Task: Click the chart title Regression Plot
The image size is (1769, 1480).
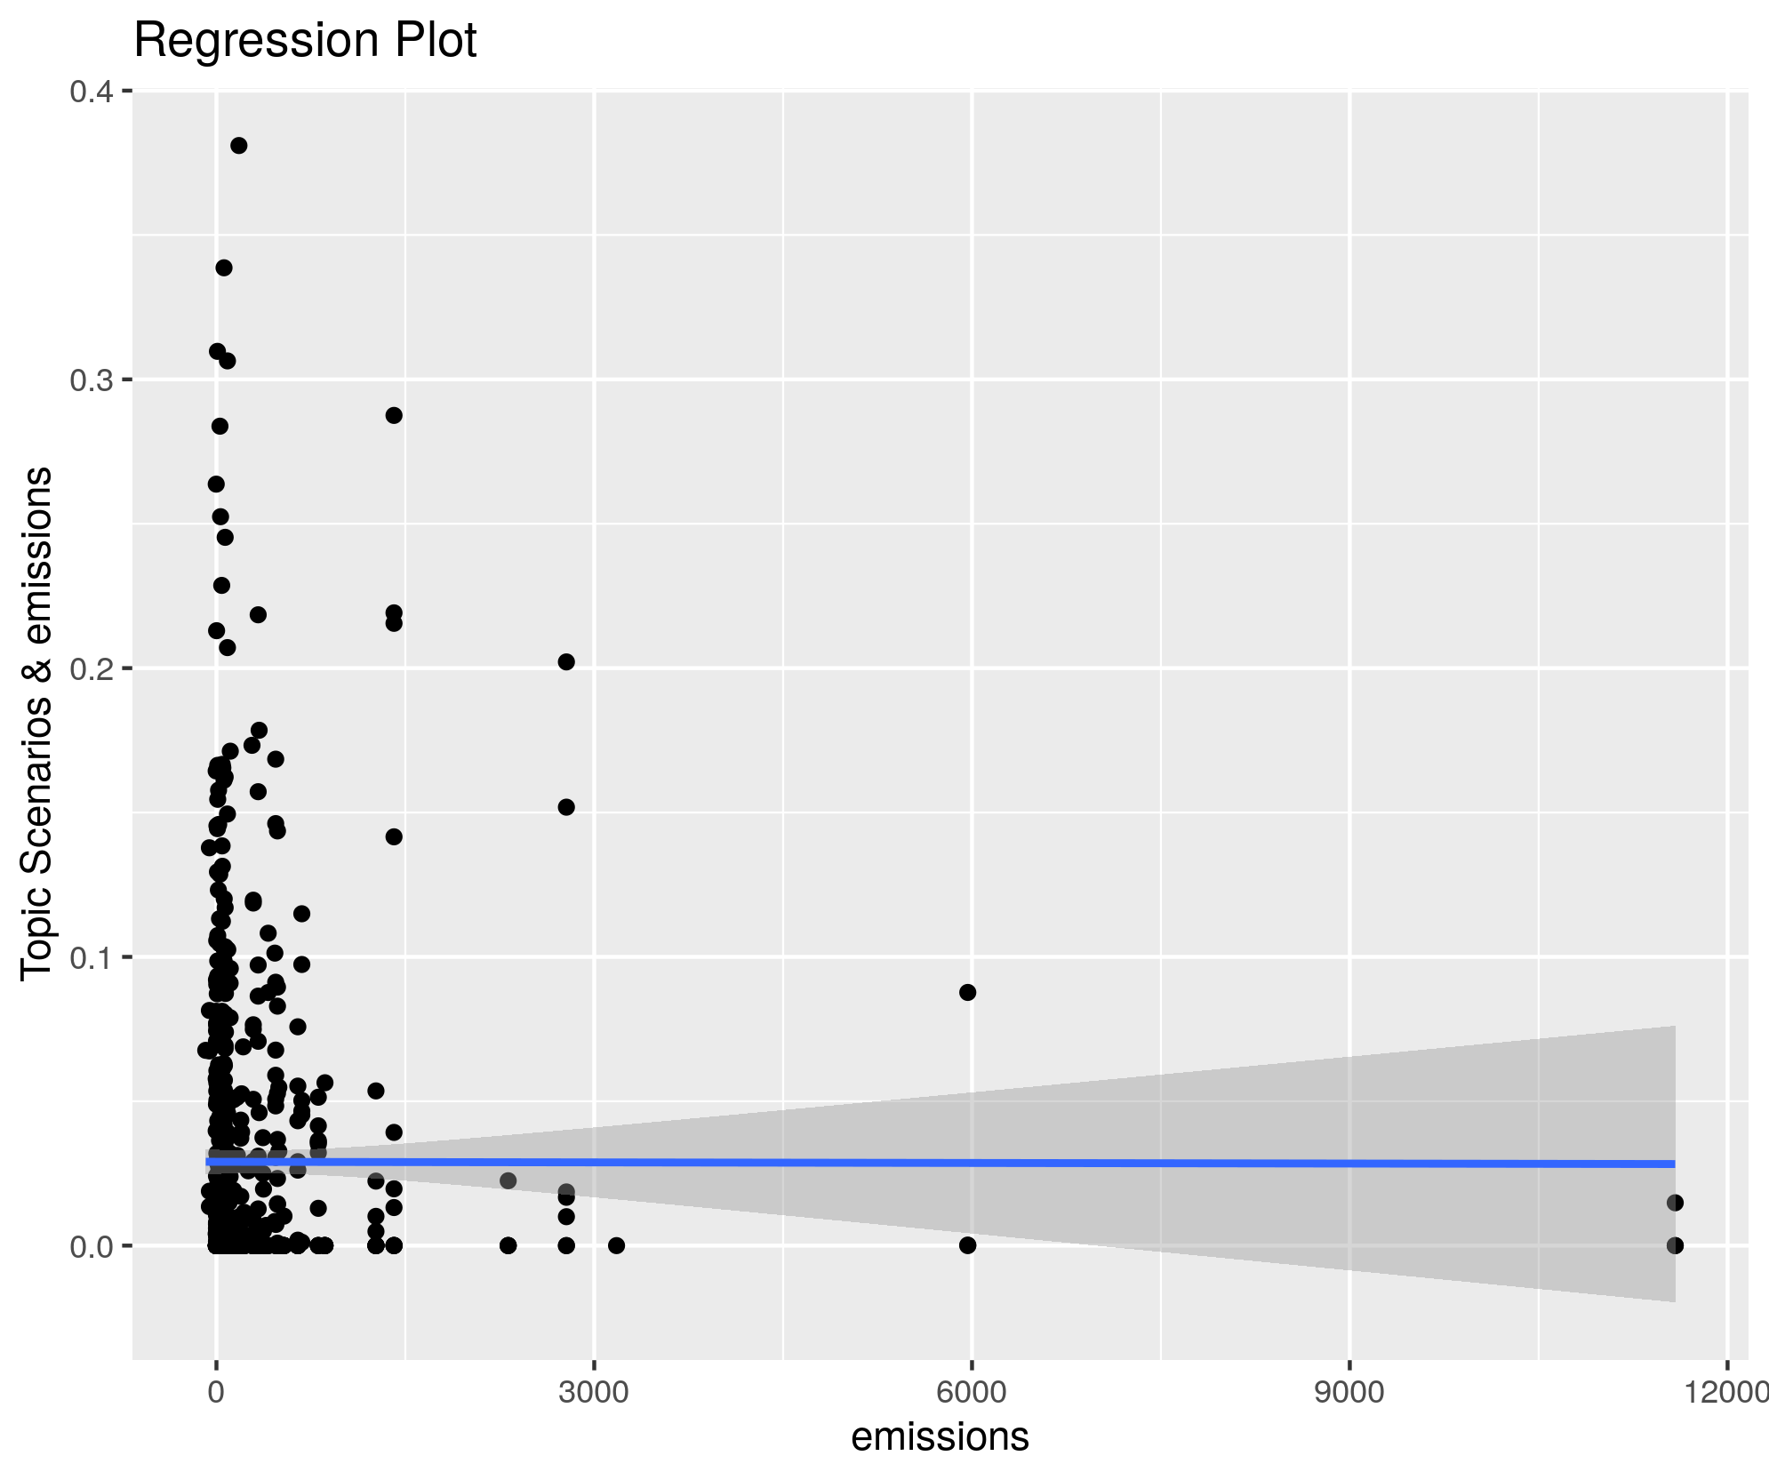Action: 305,41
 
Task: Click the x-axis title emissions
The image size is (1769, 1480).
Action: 940,1436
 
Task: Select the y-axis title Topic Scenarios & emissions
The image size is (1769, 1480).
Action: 37,724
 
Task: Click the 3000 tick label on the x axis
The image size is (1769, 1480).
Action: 594,1392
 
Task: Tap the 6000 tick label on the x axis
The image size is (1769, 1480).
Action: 972,1392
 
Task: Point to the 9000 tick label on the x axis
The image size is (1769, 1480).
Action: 1349,1392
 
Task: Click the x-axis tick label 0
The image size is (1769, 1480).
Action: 216,1392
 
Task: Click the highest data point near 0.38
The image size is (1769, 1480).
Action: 238,146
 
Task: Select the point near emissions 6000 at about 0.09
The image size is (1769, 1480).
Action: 968,992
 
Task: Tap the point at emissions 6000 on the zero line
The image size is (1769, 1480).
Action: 968,1245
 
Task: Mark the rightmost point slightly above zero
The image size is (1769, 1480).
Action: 1675,1203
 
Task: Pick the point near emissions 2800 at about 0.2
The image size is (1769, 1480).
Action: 566,661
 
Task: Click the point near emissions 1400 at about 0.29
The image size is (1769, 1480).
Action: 394,415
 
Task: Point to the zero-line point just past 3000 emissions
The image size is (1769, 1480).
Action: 616,1245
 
